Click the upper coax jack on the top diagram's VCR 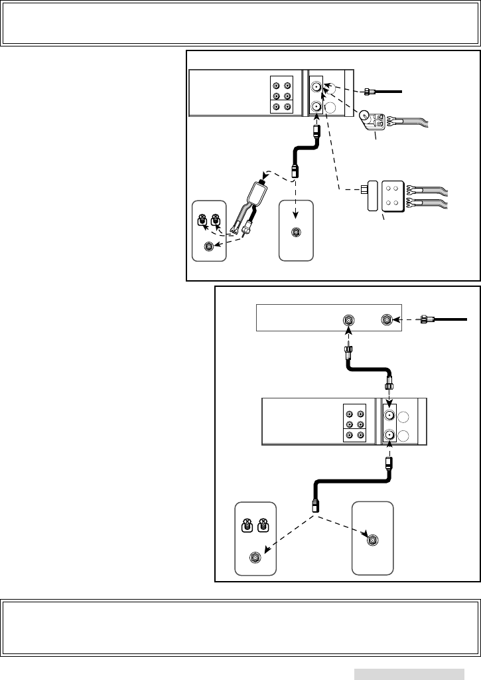(317, 86)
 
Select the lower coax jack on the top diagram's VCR (317, 106)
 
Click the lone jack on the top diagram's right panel (297, 232)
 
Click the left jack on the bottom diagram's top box (347, 320)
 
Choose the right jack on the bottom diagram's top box (387, 320)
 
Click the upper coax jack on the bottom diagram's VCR (389, 416)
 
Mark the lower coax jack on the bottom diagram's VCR (389, 436)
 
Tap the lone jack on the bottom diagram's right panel (373, 540)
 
